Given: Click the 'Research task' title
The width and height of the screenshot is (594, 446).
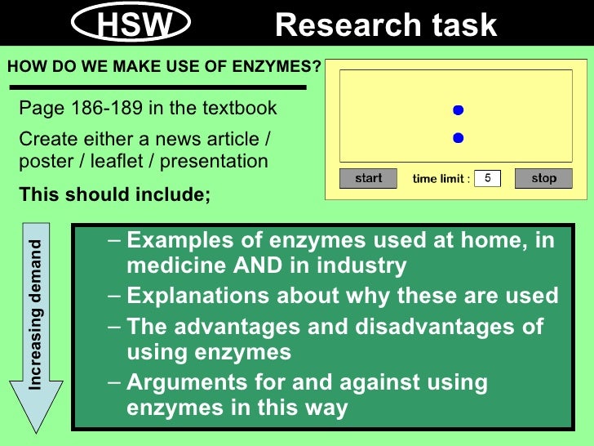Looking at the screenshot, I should [x=386, y=26].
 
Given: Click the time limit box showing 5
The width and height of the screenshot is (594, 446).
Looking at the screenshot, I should [x=487, y=178].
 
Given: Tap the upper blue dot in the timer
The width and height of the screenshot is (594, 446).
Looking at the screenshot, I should [x=458, y=110].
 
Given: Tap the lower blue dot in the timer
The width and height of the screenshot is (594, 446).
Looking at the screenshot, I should [x=458, y=138].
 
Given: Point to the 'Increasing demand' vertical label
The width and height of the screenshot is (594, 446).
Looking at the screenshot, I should [x=36, y=315].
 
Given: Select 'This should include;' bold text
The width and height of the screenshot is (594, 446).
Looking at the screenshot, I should [x=114, y=196].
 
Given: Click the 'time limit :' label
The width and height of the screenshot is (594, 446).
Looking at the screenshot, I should [x=441, y=179].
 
